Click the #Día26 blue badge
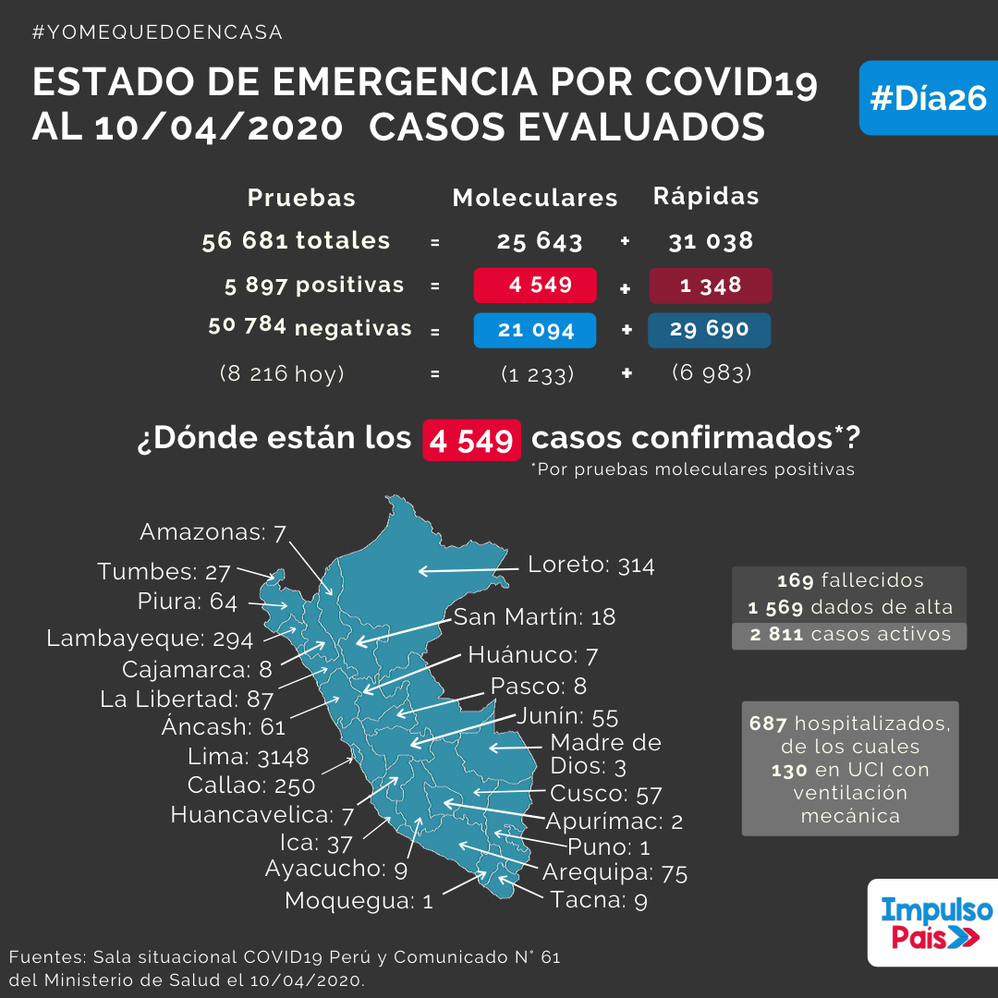(x=929, y=98)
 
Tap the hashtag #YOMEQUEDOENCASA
(x=157, y=31)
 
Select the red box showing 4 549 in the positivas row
(x=535, y=286)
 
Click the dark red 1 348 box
(x=711, y=286)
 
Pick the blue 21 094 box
(x=535, y=330)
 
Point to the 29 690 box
(x=709, y=330)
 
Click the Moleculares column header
(x=535, y=198)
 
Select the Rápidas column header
(x=706, y=196)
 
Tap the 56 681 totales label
(x=296, y=240)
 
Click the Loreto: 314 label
(x=590, y=565)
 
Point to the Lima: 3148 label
(x=249, y=756)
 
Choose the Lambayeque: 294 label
(x=151, y=639)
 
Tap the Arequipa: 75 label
(x=615, y=872)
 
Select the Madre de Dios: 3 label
(x=605, y=754)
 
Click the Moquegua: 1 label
(x=359, y=901)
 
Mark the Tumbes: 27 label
(x=164, y=572)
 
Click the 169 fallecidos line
(x=850, y=580)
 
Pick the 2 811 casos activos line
(x=850, y=635)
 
